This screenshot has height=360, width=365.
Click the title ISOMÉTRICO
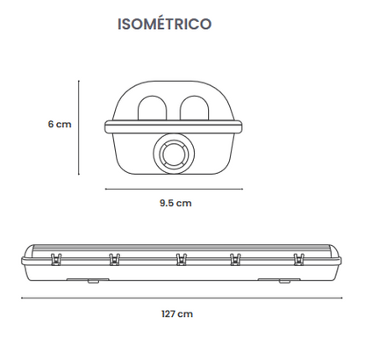164,24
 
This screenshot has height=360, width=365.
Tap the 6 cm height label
60,124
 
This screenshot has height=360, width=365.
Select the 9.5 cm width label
175,203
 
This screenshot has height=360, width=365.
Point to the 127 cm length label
177,314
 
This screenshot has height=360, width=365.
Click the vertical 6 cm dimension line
79,127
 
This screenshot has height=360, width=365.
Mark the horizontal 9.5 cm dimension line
174,189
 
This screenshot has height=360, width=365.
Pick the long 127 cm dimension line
182,299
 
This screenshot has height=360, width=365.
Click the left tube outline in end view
138,108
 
